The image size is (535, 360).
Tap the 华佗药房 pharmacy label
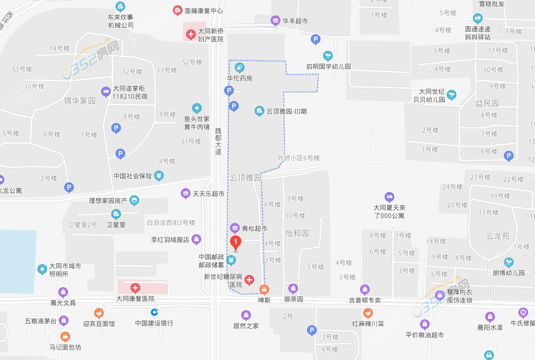pos(239,78)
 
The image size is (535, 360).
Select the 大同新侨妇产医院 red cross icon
pos(190,35)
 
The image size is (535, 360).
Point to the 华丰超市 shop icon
pos(276,21)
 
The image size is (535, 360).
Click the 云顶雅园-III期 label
pos(286,111)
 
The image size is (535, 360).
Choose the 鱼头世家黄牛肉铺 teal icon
pos(197,108)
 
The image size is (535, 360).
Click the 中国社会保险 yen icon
pos(159,175)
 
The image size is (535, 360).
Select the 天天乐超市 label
pos(208,193)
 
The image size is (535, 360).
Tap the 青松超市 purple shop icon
pos(234,228)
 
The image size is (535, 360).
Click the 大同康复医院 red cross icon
pos(135,288)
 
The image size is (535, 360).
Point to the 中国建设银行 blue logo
pos(154,312)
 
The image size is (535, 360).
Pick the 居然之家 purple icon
pos(246,315)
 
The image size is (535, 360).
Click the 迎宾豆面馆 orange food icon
pos(98,313)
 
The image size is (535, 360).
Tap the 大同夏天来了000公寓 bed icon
pos(389,197)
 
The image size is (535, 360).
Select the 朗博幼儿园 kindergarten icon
pos(508,262)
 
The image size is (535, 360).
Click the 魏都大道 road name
pos(218,141)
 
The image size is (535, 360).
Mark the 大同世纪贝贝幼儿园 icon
pos(452,95)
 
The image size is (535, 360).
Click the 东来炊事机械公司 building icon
pos(120,6)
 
